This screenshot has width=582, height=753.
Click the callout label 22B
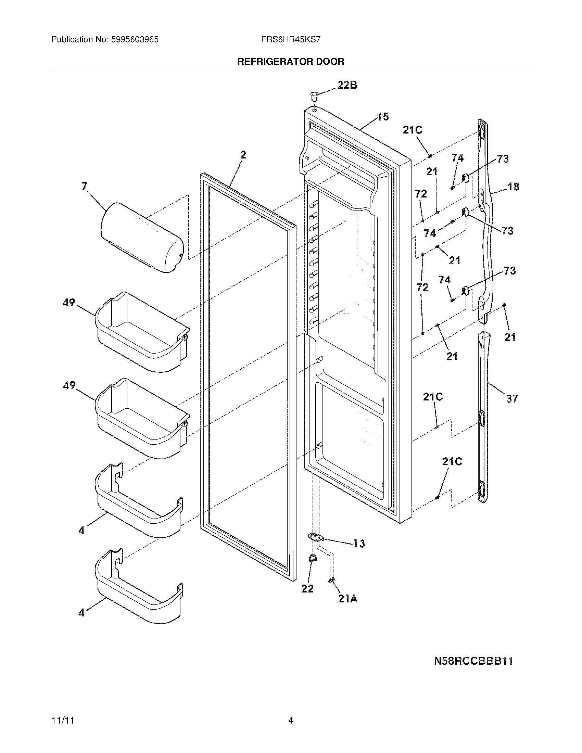(x=347, y=85)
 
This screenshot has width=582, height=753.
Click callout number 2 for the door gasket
(x=243, y=155)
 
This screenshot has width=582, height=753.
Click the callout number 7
(x=84, y=187)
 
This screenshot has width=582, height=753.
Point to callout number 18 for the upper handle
(x=513, y=187)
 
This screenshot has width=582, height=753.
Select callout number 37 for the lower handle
(x=512, y=399)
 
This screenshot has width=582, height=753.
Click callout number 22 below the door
(x=307, y=589)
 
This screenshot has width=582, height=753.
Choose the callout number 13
(x=358, y=544)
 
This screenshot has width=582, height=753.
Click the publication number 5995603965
(x=135, y=40)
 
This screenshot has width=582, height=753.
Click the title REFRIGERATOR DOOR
(x=291, y=62)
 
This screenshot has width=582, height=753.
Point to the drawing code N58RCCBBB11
(x=473, y=661)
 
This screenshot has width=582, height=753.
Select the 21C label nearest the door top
(x=413, y=130)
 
